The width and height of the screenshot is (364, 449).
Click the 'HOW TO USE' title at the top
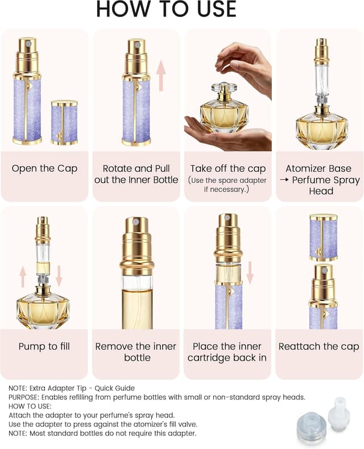166,10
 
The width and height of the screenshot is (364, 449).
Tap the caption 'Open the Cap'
44,169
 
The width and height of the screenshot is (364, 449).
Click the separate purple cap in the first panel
64,122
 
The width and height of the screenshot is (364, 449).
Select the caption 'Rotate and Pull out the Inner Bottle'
136,174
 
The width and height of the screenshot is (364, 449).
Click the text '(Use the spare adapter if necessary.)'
227,186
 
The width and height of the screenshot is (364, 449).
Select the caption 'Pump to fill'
44,347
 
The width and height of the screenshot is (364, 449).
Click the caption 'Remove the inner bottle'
136,352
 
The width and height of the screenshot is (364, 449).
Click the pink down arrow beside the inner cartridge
250,272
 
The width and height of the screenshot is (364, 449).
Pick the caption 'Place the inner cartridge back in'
227,352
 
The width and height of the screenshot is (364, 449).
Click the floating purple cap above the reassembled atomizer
323,237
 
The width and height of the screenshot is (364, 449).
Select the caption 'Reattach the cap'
319,347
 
